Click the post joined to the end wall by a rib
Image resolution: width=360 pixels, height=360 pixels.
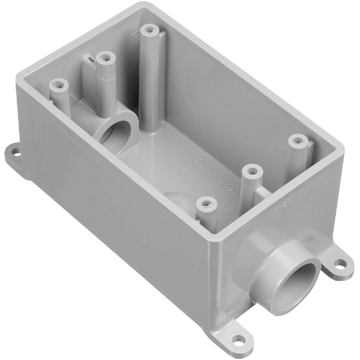click(x=250, y=171)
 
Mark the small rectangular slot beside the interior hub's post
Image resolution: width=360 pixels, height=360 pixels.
click(x=88, y=59)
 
